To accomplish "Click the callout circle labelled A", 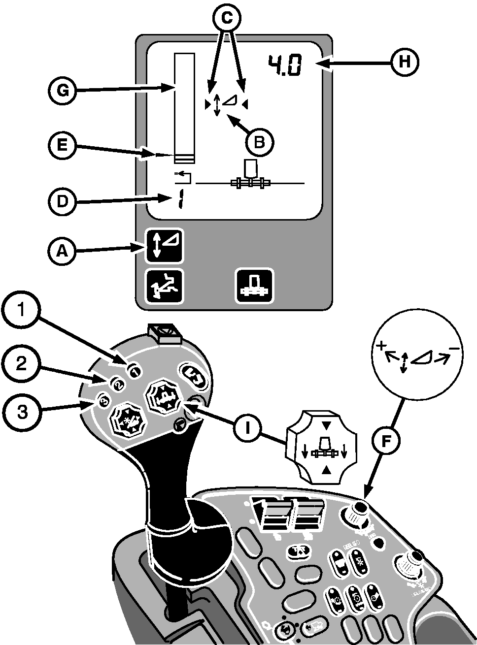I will [x=62, y=251].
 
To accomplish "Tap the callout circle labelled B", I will [x=259, y=142].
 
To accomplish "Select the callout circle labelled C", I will [x=226, y=19].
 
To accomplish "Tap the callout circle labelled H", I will [x=405, y=62].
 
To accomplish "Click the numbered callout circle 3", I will [x=20, y=411].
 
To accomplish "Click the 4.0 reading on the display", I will [x=285, y=65].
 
